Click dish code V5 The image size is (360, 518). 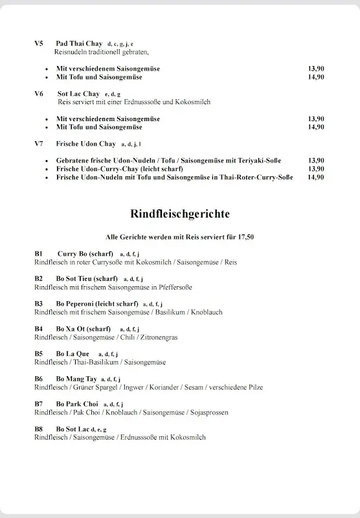point(39,43)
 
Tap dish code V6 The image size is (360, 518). point(39,94)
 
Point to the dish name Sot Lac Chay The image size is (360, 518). point(78,94)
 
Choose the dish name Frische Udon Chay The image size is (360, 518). point(85,144)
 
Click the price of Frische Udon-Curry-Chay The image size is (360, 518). point(316,168)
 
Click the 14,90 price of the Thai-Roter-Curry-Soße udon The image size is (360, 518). point(316,177)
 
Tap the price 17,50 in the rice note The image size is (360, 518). point(245,238)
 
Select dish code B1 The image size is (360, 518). point(38,253)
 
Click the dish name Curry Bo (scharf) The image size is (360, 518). point(85,253)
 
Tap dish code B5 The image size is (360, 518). point(38,354)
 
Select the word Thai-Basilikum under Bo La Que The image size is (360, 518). point(92,363)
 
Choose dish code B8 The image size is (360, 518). point(38,429)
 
